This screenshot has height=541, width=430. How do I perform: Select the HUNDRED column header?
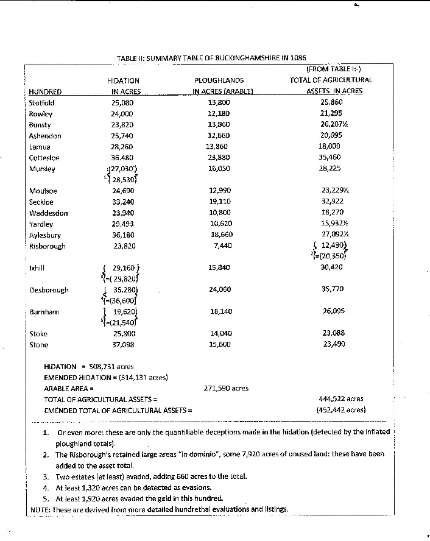44,92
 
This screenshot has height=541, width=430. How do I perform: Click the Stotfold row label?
41,102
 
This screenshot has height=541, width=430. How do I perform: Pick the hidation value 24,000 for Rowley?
123,114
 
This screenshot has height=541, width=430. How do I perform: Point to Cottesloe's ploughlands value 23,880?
219,158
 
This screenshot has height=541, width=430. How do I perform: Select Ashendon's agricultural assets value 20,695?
331,136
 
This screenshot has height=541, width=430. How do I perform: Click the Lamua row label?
40,147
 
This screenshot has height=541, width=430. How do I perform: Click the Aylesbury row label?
44,235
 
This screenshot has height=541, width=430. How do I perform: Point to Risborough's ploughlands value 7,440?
219,246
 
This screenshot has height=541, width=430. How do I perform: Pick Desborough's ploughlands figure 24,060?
219,289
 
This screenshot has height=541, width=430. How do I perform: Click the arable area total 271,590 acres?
225,388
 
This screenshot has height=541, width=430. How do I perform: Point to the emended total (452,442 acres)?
340,409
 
